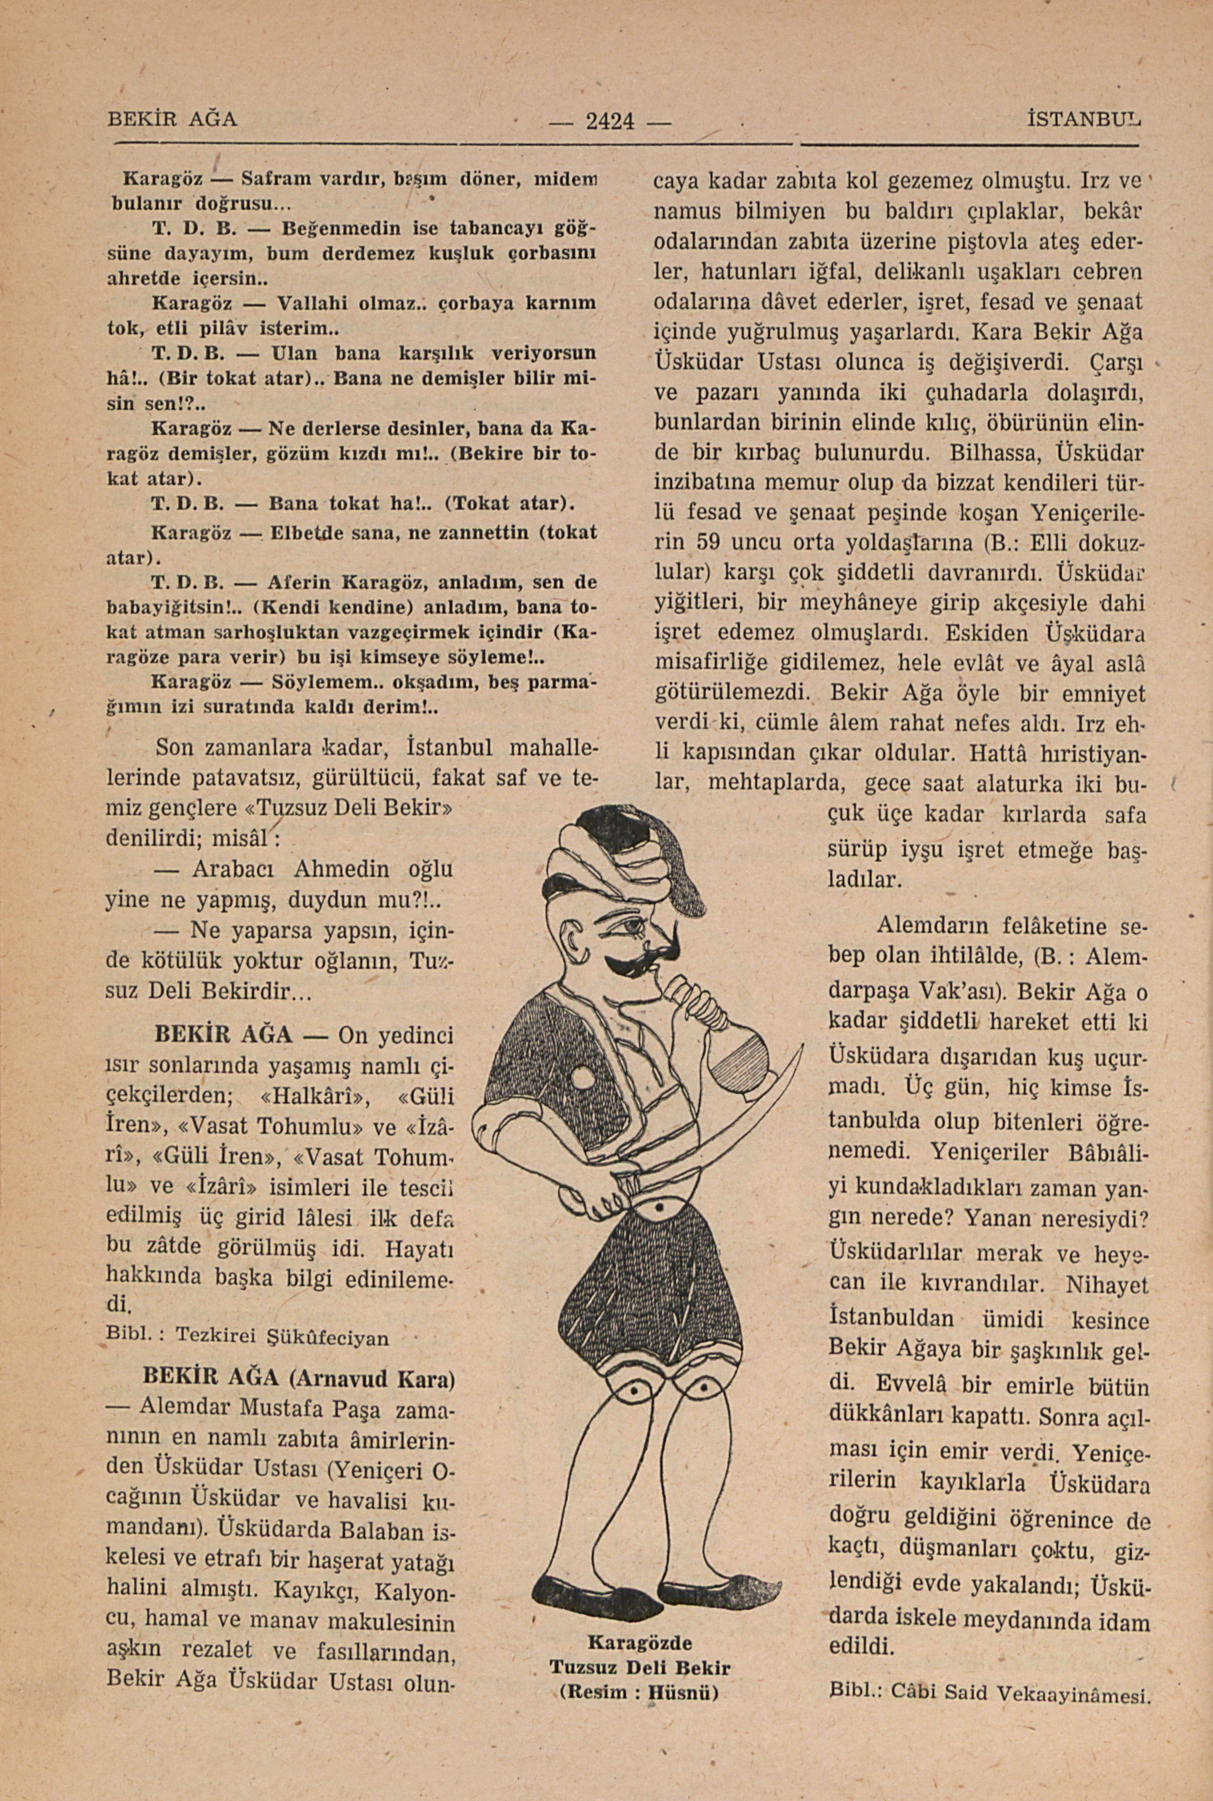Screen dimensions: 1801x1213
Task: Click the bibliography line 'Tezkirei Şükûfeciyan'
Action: point(283,1335)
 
